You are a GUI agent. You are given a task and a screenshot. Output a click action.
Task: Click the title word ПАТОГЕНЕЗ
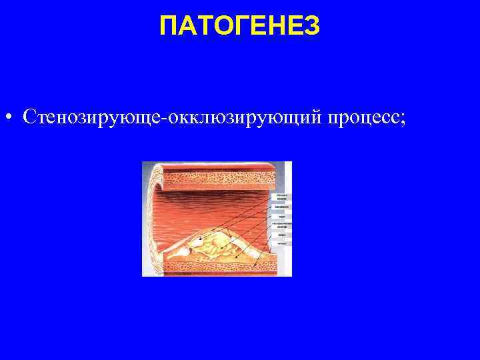pos(240,27)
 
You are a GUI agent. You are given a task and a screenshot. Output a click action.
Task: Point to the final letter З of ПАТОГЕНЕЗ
pos(313,27)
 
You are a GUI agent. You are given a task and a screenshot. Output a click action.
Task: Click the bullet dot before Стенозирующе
pos(7,118)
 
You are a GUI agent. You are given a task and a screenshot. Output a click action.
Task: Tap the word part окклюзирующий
pos(247,117)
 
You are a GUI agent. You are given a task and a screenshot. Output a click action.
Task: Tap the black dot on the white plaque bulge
pos(197,240)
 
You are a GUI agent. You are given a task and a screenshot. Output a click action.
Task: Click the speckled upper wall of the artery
pos(220,177)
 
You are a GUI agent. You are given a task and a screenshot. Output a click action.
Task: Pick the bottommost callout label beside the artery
pos(281,243)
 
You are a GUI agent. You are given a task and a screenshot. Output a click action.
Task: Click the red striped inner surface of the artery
pos(207,207)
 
